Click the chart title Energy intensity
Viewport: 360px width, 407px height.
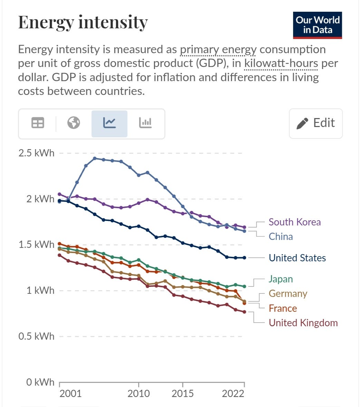(83, 22)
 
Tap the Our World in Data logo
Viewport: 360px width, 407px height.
(318, 25)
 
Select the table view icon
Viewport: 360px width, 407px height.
(38, 123)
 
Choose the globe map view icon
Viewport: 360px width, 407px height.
(74, 123)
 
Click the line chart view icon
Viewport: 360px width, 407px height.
(109, 123)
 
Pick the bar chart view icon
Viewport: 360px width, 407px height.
(145, 123)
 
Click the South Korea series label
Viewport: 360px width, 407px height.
(294, 222)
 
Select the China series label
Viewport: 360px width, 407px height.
(281, 236)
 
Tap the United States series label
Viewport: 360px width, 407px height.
(297, 258)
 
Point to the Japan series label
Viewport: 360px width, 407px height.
(281, 279)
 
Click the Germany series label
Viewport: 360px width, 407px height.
(288, 293)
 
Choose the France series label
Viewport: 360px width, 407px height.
(283, 308)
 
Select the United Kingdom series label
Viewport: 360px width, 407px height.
(303, 323)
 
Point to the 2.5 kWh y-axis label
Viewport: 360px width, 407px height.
(36, 153)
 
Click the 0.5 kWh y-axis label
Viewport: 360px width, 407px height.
(36, 336)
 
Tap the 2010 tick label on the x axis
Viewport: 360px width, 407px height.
(139, 394)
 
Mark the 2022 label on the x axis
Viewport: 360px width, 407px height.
(233, 394)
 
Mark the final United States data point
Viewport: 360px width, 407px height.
(244, 258)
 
